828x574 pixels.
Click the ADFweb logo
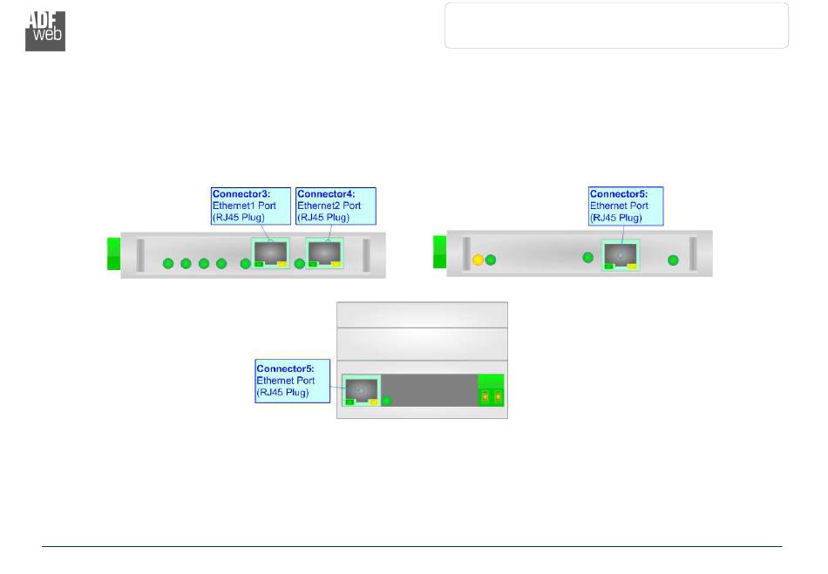pyautogui.click(x=45, y=31)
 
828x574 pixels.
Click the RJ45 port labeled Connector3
pyautogui.click(x=271, y=252)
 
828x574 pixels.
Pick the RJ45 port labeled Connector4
pyautogui.click(x=325, y=252)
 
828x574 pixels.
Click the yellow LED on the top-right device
pyautogui.click(x=478, y=260)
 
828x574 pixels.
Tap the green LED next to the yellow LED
pyautogui.click(x=491, y=260)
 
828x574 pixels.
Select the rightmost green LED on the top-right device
pyautogui.click(x=673, y=260)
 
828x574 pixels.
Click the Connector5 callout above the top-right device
pyautogui.click(x=625, y=206)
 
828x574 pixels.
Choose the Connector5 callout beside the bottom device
pyautogui.click(x=292, y=381)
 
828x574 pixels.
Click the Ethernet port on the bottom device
pyautogui.click(x=362, y=390)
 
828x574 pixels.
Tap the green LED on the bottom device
pyautogui.click(x=388, y=401)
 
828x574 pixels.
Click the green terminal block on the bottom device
pyautogui.click(x=492, y=390)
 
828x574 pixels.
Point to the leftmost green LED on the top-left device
pyautogui.click(x=168, y=264)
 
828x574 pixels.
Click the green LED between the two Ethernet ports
pyautogui.click(x=300, y=264)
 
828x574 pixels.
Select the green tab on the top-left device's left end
pyautogui.click(x=113, y=253)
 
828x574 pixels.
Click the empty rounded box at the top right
pyautogui.click(x=616, y=25)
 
